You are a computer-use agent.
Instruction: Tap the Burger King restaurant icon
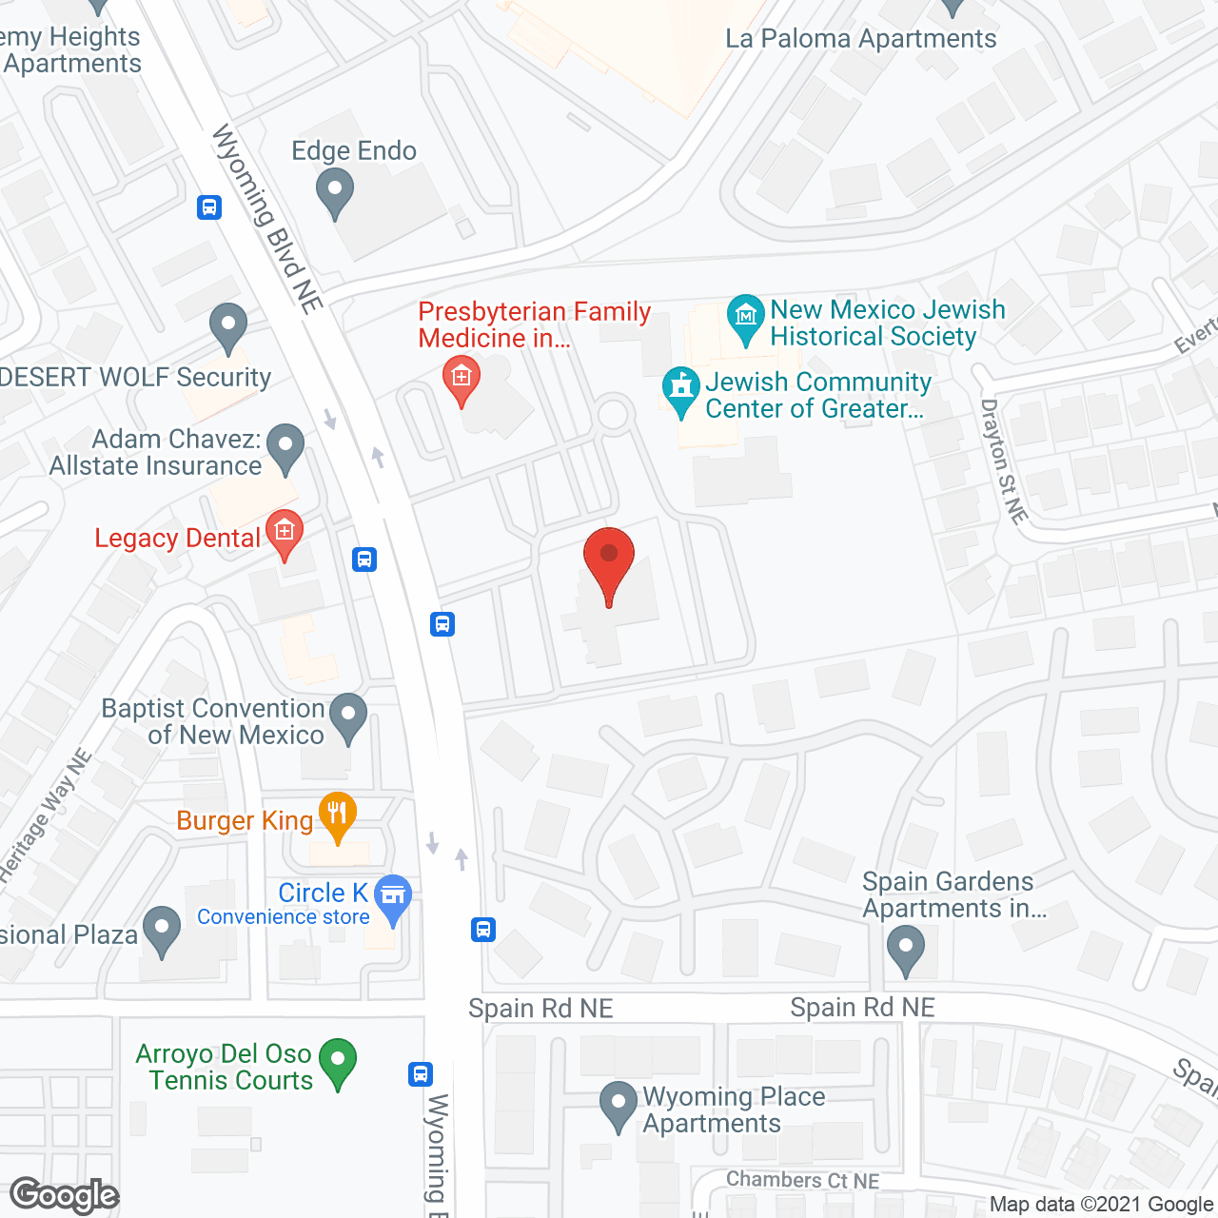click(x=337, y=815)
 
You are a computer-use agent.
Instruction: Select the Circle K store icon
click(x=393, y=897)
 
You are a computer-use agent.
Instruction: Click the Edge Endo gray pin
click(x=334, y=190)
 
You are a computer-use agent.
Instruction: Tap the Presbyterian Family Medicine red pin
click(x=462, y=380)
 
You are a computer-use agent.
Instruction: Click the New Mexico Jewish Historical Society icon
click(x=746, y=318)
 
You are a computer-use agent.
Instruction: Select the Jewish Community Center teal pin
click(x=680, y=390)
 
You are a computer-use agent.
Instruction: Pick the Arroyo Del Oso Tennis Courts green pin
click(x=337, y=1061)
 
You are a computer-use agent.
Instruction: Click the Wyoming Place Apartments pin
click(x=619, y=1105)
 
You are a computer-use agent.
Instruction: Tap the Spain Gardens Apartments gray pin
click(x=905, y=950)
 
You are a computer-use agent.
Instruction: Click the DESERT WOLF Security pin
click(x=228, y=325)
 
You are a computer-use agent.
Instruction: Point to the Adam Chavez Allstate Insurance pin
click(x=285, y=447)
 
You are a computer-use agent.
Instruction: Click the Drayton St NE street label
click(x=1004, y=462)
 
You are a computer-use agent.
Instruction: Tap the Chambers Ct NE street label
click(x=802, y=1180)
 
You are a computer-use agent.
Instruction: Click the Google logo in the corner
click(x=65, y=1195)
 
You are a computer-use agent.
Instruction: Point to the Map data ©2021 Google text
click(x=1102, y=1205)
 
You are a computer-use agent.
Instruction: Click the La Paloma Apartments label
click(x=860, y=39)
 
